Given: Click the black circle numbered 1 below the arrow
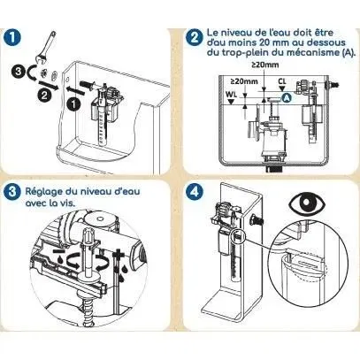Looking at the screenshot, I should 73,102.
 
